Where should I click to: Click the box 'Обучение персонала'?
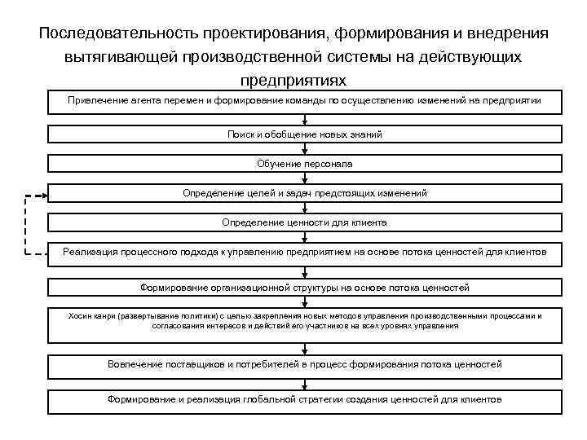(x=304, y=164)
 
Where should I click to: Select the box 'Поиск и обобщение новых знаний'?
(x=304, y=134)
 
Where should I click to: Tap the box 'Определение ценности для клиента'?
(x=304, y=222)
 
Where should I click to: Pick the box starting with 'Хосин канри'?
(x=304, y=320)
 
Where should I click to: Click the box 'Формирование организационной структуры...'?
(x=304, y=288)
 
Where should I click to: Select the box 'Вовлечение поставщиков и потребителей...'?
(x=304, y=364)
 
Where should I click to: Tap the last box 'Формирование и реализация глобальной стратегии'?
(x=304, y=400)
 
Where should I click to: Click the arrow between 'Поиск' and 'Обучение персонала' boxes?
(x=304, y=149)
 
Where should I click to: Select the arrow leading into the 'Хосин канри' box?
(x=304, y=303)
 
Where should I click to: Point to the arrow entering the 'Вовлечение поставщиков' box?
(x=304, y=349)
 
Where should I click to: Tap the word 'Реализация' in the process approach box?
(x=89, y=252)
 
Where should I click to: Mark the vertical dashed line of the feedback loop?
(x=24, y=224)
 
